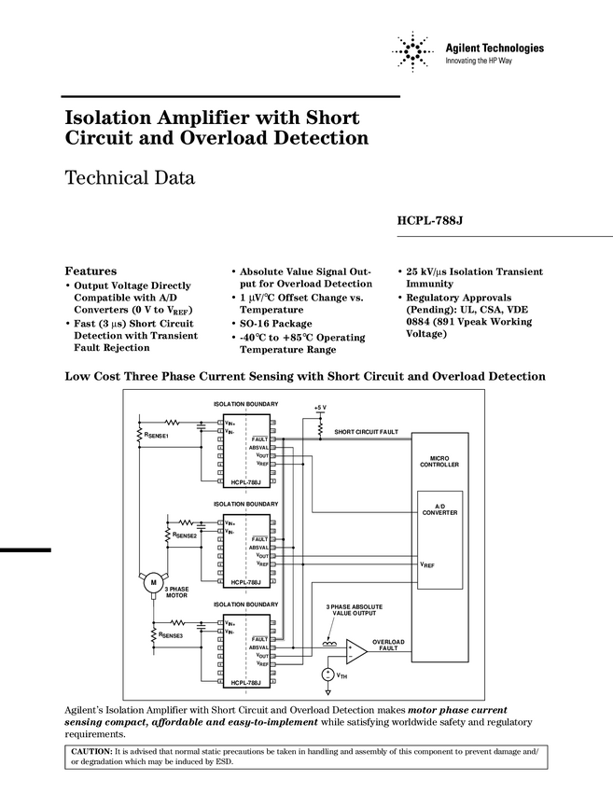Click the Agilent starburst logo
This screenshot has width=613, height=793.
click(412, 52)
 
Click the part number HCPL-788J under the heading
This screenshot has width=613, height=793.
click(429, 221)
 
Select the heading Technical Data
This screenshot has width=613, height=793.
click(130, 177)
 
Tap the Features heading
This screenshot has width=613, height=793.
click(91, 271)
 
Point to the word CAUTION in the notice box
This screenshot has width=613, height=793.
click(92, 750)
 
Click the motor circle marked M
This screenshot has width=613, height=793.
click(150, 583)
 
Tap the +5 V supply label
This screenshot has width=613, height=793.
click(320, 407)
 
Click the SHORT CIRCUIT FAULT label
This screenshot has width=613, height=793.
click(366, 432)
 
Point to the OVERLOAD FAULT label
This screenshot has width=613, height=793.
click(388, 645)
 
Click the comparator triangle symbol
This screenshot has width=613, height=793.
click(355, 649)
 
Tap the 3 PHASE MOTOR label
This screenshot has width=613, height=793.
click(176, 592)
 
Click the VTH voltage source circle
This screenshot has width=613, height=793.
click(327, 674)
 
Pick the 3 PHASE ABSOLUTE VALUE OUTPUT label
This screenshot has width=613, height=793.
click(354, 610)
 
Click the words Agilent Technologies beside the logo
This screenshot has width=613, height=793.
click(495, 48)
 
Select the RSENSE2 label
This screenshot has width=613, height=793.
click(184, 536)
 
